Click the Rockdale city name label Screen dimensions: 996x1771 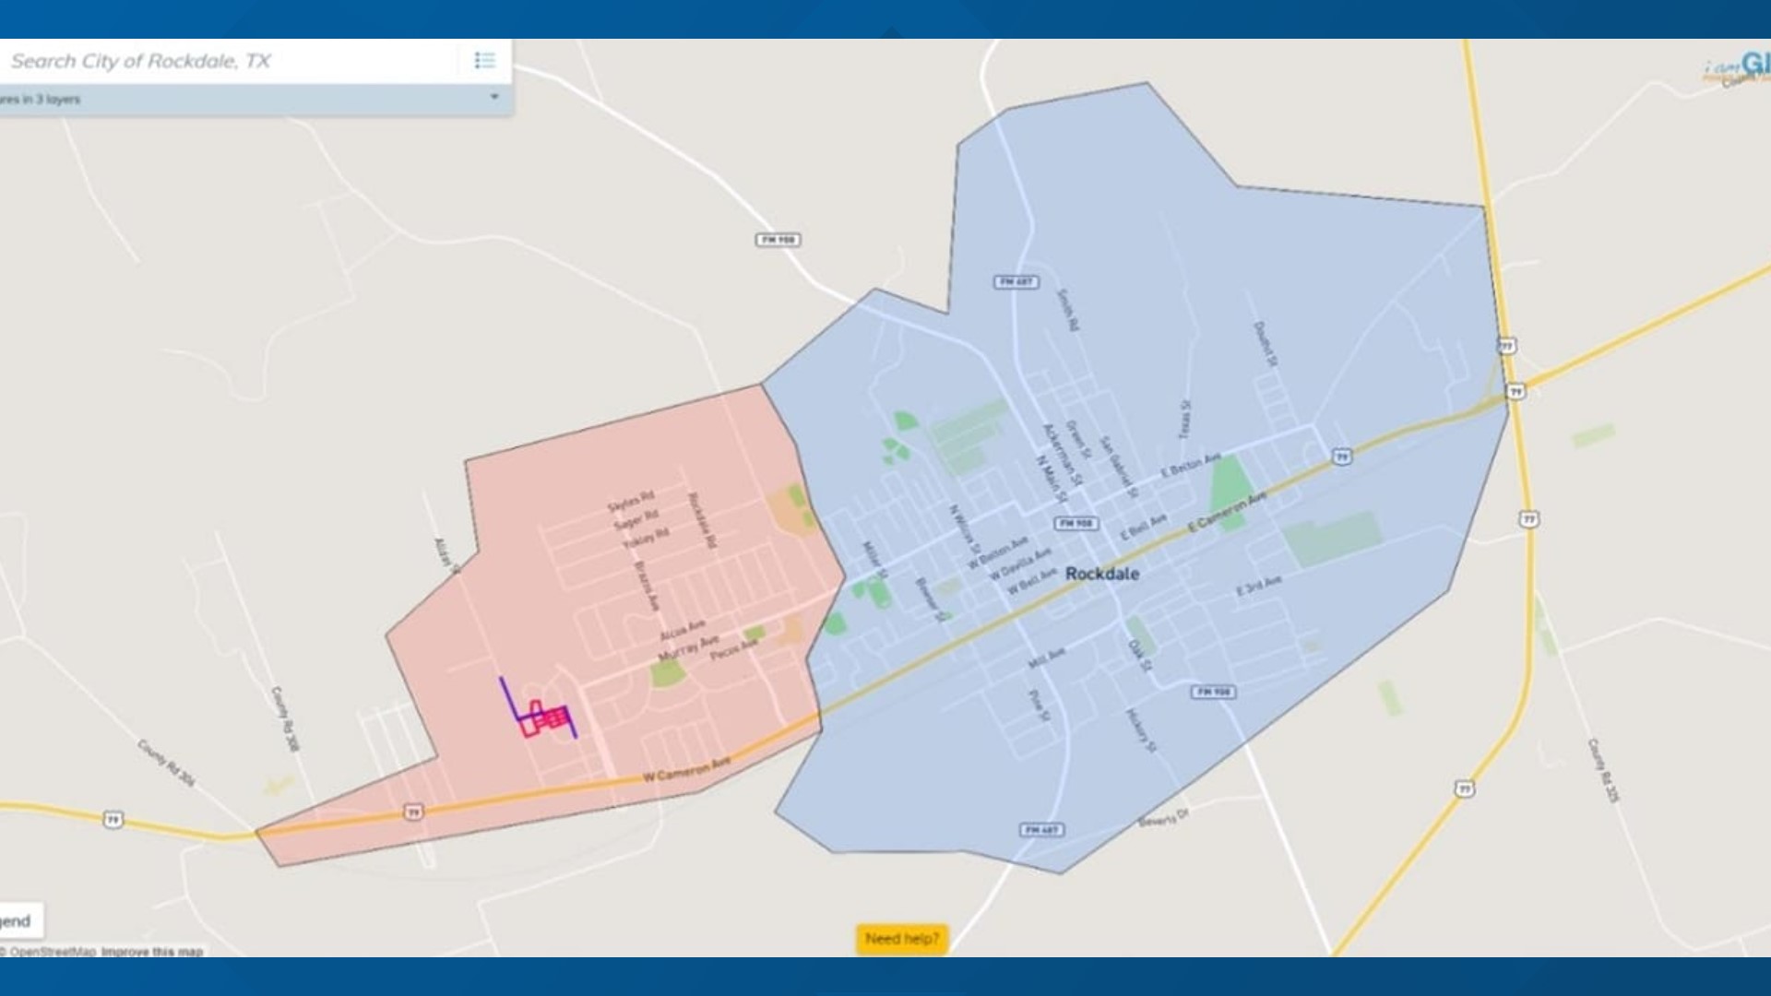(x=1101, y=574)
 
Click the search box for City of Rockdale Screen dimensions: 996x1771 (x=231, y=62)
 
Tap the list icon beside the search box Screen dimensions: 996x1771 (x=484, y=61)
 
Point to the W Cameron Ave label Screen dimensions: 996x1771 (x=686, y=768)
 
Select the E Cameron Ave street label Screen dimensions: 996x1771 (x=1227, y=513)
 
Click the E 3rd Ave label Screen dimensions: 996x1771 (x=1259, y=585)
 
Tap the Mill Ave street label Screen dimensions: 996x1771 (x=1047, y=658)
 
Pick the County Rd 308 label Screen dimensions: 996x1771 (x=285, y=718)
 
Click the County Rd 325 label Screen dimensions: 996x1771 (x=1602, y=770)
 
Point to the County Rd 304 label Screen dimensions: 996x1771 (x=166, y=763)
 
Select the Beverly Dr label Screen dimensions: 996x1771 (x=1163, y=818)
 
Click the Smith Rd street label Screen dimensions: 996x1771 (x=1068, y=310)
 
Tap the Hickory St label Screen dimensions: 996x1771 (x=1140, y=730)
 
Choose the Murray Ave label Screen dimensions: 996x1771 (x=688, y=647)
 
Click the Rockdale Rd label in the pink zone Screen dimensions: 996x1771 (x=702, y=521)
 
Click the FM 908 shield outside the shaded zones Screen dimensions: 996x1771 (x=778, y=240)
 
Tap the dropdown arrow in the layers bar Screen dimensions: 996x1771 (x=494, y=97)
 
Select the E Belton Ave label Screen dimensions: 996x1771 (x=1190, y=465)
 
